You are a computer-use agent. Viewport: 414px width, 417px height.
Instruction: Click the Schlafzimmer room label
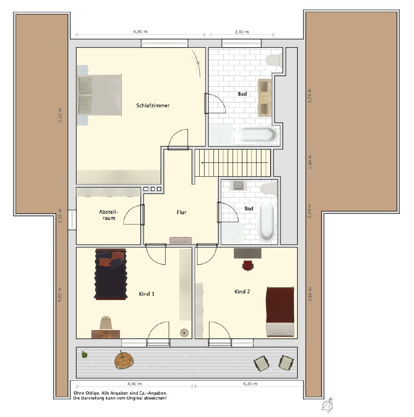[x=153, y=105]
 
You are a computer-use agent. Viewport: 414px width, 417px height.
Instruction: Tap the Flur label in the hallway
[x=181, y=212]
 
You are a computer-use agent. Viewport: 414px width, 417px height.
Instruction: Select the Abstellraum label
[x=109, y=215]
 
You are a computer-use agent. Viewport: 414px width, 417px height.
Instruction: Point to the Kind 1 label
[x=147, y=294]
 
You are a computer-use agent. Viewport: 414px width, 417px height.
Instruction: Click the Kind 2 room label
[x=242, y=292]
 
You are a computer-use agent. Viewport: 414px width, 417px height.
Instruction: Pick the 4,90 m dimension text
[x=140, y=32]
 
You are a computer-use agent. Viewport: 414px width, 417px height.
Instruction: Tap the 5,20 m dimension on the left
[x=60, y=115]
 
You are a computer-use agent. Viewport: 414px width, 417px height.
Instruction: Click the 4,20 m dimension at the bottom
[x=250, y=384]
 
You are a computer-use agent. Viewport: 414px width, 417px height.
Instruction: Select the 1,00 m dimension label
[x=310, y=162]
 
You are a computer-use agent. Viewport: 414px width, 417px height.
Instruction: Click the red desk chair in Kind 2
[x=248, y=266]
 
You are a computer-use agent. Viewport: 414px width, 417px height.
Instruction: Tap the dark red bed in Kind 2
[x=280, y=312]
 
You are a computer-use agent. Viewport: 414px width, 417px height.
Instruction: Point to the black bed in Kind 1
[x=111, y=274]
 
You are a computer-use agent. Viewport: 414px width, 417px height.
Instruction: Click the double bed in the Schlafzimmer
[x=99, y=95]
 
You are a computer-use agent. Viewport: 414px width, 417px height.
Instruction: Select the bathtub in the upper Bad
[x=256, y=135]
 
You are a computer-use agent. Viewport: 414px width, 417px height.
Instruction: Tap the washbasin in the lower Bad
[x=239, y=185]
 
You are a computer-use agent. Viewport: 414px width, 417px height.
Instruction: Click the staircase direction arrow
[x=235, y=162]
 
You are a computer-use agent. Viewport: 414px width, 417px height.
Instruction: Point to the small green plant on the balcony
[x=84, y=355]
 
